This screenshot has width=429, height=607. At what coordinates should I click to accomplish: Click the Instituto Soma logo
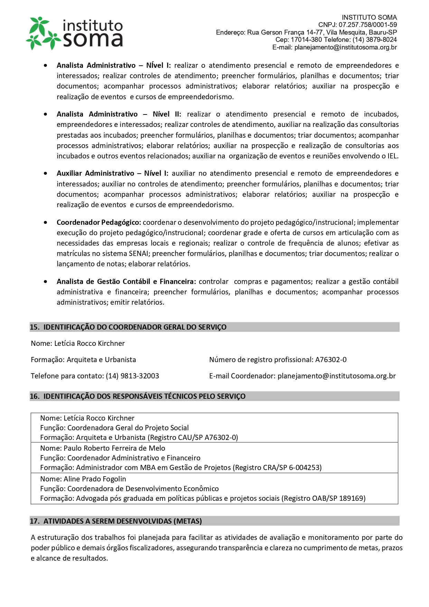click(75, 33)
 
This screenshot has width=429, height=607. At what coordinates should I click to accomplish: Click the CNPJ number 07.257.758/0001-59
click(367, 25)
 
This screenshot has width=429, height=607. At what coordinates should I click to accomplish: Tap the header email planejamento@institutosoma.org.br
click(345, 47)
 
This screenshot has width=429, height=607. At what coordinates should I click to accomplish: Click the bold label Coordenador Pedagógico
click(99, 222)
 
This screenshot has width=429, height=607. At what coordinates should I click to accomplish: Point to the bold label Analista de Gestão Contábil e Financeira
click(126, 282)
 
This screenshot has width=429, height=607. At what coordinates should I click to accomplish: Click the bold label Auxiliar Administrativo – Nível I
click(112, 173)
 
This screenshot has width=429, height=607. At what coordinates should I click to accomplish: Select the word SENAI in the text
click(138, 254)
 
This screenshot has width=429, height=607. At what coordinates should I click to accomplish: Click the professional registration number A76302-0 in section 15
click(330, 360)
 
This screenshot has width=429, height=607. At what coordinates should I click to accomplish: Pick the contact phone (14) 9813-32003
click(132, 376)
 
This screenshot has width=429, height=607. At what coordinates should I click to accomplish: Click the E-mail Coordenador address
click(336, 376)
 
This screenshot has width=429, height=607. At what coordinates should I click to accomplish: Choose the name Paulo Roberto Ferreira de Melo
click(114, 448)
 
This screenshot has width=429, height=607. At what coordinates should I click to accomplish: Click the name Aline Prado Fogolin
click(95, 479)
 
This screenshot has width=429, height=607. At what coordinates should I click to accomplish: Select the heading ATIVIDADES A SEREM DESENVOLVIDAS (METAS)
click(122, 521)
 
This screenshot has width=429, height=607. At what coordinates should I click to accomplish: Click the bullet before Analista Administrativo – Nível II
click(46, 114)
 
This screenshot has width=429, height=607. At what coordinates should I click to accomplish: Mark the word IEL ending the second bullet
click(392, 156)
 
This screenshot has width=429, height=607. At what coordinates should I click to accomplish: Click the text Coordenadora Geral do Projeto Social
click(128, 428)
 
